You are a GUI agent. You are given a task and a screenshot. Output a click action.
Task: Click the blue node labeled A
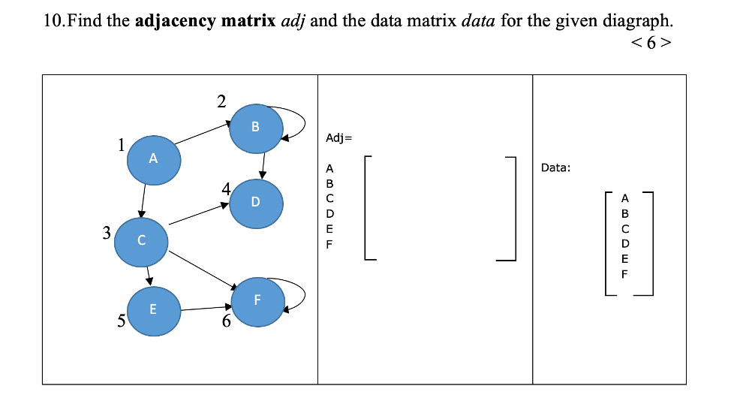click(154, 159)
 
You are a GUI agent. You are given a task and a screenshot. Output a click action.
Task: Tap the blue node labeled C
click(141, 240)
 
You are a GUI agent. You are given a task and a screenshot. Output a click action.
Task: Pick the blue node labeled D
click(256, 202)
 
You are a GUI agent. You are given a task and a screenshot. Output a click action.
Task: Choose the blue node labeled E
click(153, 309)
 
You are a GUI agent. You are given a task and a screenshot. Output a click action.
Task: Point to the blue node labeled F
click(257, 300)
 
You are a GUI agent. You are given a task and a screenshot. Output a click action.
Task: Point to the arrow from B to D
click(263, 163)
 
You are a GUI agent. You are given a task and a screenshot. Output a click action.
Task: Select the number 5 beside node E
click(120, 321)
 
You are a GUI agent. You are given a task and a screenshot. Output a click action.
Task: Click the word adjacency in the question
click(176, 20)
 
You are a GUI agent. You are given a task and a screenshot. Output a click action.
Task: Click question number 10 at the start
click(56, 20)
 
